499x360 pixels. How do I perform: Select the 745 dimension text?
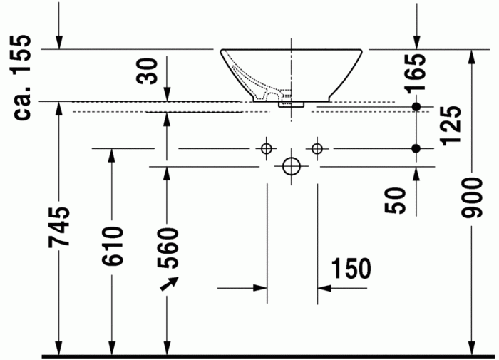coord(60,227)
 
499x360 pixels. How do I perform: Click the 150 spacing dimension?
coord(351,269)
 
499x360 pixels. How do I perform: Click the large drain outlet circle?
coord(292,166)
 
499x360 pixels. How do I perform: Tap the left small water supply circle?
coord(267,148)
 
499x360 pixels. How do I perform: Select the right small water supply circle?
coord(317,148)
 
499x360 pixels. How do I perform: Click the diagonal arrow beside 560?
coord(168,284)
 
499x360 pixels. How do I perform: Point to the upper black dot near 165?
coord(416,107)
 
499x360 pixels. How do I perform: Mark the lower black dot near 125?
coord(416,148)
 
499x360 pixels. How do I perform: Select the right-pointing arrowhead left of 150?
coord(261,288)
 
